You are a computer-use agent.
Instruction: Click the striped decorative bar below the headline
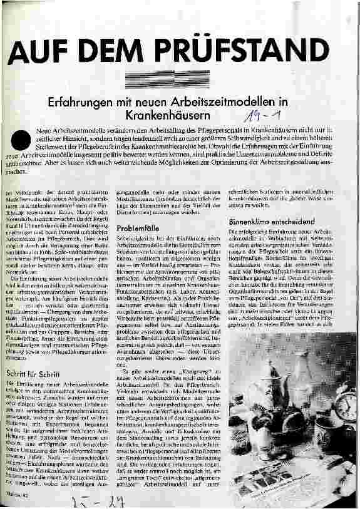click(180, 78)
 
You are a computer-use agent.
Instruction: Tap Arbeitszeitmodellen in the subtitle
click(225, 100)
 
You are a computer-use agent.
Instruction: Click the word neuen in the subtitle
click(152, 100)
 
